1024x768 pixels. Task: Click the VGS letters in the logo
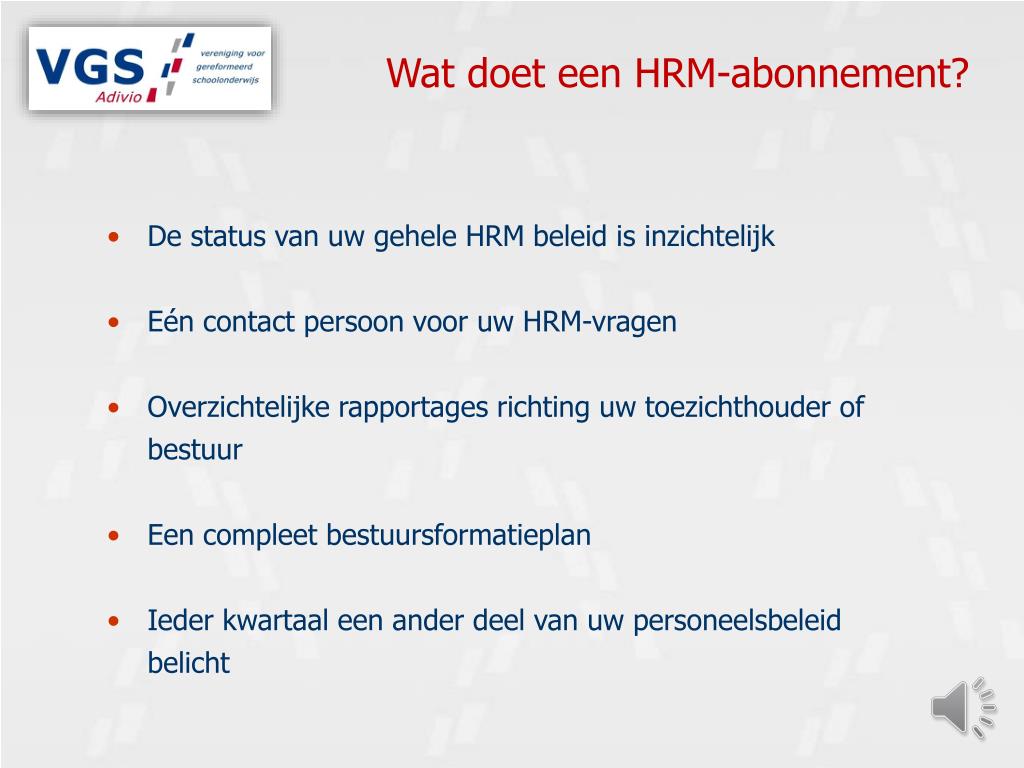point(90,68)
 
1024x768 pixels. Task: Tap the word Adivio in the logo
point(120,96)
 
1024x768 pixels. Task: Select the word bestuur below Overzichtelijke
point(195,450)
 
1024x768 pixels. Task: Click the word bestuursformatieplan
point(459,535)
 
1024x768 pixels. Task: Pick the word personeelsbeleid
point(737,620)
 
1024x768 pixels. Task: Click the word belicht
point(189,662)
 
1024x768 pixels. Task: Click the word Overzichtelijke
point(239,407)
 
